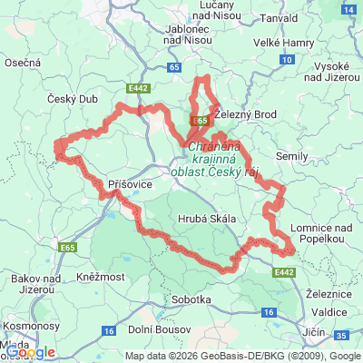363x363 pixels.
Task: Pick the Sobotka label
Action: pyautogui.click(x=191, y=299)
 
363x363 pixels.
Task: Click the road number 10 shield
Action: pyautogui.click(x=286, y=59)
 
